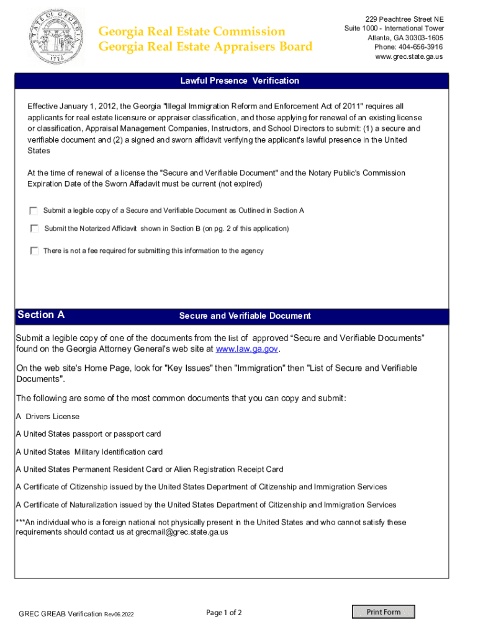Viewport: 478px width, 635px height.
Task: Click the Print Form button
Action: pos(383,612)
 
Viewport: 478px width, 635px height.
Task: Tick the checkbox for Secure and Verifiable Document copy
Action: pos(35,211)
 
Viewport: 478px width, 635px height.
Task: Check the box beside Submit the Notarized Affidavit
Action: pos(35,229)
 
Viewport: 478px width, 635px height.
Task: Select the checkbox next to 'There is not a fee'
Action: pos(35,251)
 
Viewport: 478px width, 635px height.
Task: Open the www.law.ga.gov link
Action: pos(246,349)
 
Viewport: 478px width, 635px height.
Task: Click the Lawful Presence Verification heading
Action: pos(240,81)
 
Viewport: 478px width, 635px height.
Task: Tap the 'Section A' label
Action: pos(41,315)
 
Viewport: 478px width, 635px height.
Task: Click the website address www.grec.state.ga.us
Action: pos(408,56)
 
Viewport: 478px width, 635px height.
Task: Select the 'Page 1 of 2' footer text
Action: pos(223,613)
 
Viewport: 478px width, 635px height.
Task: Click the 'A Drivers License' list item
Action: pos(48,416)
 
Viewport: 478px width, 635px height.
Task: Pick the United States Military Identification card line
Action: pos(89,452)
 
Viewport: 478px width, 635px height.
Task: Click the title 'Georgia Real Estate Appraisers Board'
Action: pos(205,47)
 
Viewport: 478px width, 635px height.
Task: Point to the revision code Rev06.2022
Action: pos(119,614)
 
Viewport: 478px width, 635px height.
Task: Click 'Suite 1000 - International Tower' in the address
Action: pos(394,29)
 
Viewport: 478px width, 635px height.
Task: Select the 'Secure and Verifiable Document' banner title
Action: pos(245,316)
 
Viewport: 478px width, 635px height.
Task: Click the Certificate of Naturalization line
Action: pos(206,505)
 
